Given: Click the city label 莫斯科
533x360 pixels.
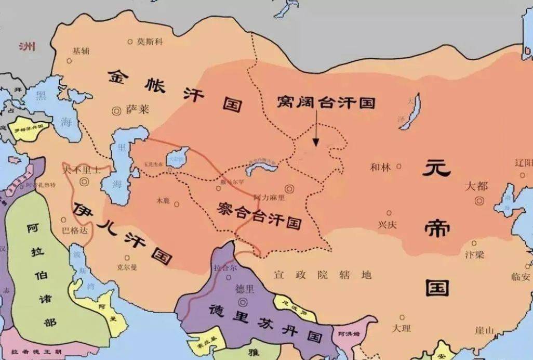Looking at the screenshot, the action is point(150,41).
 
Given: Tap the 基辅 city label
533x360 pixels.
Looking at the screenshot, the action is point(81,51).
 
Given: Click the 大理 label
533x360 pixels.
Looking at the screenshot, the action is point(401,328).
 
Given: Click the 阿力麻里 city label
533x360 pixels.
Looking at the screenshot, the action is point(269,198).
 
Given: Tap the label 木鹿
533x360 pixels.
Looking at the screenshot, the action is point(163,200).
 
